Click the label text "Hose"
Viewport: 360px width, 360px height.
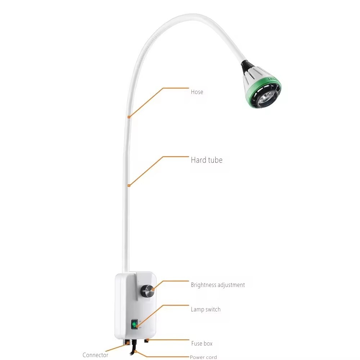point(197,92)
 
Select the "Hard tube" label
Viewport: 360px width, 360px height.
point(206,160)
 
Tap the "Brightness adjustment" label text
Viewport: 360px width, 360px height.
point(218,285)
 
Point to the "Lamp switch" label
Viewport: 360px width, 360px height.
point(206,309)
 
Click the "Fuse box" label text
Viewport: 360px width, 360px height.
point(202,343)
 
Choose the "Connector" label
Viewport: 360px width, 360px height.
point(95,355)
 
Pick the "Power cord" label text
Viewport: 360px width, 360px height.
point(203,357)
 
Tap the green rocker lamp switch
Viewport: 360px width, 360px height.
point(135,325)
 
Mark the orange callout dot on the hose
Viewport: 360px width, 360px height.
point(129,117)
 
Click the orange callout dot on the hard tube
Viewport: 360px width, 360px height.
point(129,185)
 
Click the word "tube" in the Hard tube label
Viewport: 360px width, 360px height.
point(215,160)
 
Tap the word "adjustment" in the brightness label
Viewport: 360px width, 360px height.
point(230,285)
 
